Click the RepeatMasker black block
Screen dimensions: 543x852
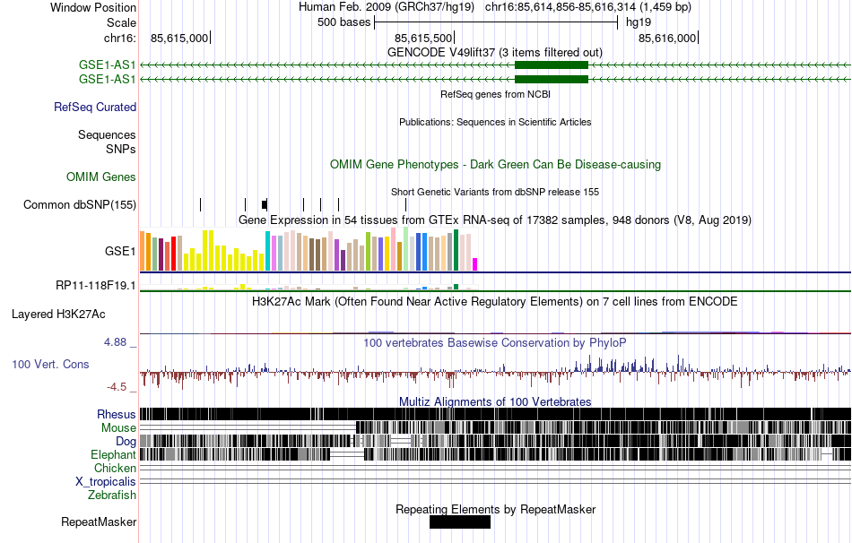point(460,522)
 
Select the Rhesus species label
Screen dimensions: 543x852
point(117,415)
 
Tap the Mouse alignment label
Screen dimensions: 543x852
point(118,428)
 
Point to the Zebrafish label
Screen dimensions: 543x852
point(112,496)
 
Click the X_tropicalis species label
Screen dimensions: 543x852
point(106,482)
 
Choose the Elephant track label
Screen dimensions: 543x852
point(114,455)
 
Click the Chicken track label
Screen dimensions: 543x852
point(115,469)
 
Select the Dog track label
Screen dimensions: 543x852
point(126,442)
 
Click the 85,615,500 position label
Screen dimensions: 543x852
point(423,39)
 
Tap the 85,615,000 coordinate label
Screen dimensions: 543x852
point(179,39)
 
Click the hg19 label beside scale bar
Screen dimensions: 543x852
point(638,22)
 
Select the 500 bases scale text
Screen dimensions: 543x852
point(343,22)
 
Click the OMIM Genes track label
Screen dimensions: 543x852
point(101,177)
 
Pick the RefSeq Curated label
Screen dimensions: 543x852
point(95,108)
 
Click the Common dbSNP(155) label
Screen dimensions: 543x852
point(80,205)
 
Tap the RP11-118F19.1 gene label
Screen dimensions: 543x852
point(96,286)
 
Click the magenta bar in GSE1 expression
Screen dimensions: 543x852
point(475,264)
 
